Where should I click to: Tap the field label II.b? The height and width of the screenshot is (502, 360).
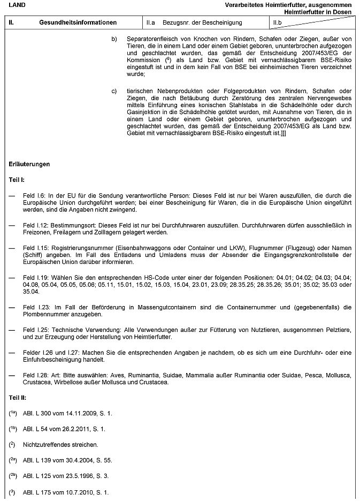(x=277, y=23)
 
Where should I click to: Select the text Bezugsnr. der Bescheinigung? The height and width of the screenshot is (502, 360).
(x=202, y=23)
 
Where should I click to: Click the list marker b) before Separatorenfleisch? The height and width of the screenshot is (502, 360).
(x=114, y=40)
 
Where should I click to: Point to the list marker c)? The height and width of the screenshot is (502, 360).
(x=114, y=90)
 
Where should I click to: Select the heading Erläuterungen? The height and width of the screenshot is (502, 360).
(x=29, y=164)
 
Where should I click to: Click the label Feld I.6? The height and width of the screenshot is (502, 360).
(x=34, y=197)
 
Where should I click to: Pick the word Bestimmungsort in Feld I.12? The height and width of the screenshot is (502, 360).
(x=72, y=226)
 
